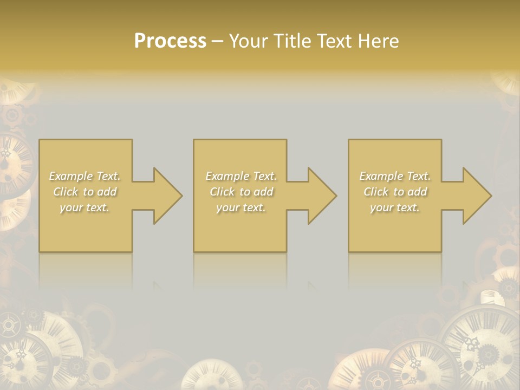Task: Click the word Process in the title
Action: (x=170, y=41)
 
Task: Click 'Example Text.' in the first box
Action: (x=85, y=176)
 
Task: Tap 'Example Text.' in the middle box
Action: (x=241, y=176)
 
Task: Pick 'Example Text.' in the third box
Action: (x=395, y=176)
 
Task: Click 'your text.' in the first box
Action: (x=85, y=207)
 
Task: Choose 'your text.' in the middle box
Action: (x=241, y=207)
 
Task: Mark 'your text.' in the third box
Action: (x=395, y=207)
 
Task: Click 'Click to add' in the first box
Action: (x=85, y=192)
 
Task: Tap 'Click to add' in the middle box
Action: (x=241, y=192)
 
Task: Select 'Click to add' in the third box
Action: (x=395, y=192)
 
